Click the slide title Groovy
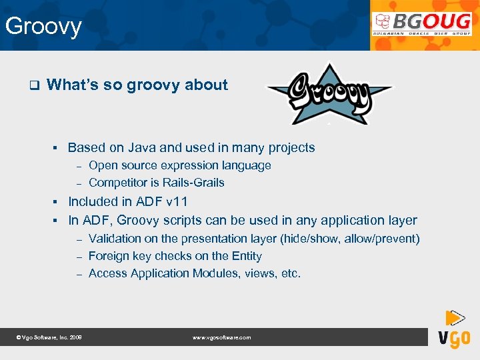[x=43, y=27]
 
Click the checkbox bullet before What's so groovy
[x=34, y=85]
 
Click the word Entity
[x=245, y=256]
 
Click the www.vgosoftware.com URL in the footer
[x=221, y=338]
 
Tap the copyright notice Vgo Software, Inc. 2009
[x=49, y=338]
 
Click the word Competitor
[x=118, y=183]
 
